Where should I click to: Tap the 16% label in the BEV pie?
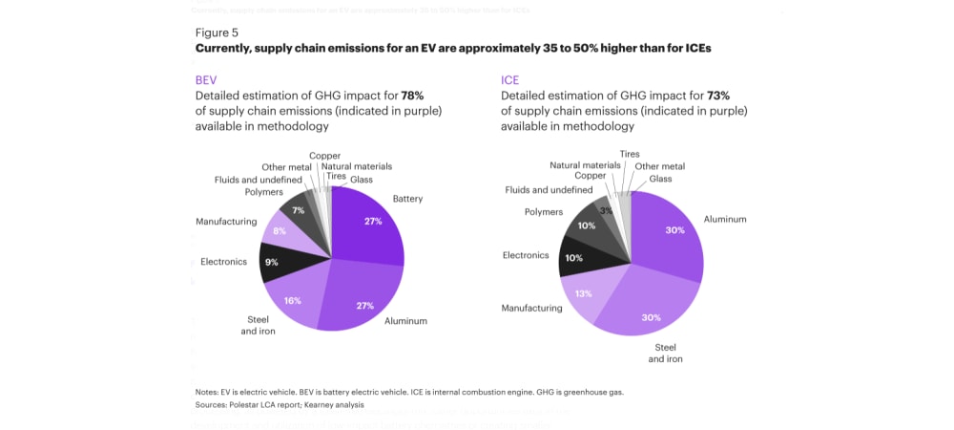click(x=293, y=300)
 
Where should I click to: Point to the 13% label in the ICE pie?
click(x=584, y=293)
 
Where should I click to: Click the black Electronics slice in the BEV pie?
click(x=278, y=262)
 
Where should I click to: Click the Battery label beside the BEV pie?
click(x=407, y=199)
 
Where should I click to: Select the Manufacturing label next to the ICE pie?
click(x=531, y=309)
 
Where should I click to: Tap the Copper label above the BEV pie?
click(x=324, y=156)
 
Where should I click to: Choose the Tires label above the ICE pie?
click(x=630, y=154)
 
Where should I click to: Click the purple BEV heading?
click(x=207, y=80)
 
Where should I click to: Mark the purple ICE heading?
click(x=510, y=80)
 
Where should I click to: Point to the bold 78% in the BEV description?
click(x=412, y=96)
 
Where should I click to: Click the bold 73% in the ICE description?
click(x=718, y=96)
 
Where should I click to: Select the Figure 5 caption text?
click(x=217, y=32)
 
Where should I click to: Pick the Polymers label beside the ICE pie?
click(x=544, y=212)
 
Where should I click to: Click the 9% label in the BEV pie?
click(x=272, y=263)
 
